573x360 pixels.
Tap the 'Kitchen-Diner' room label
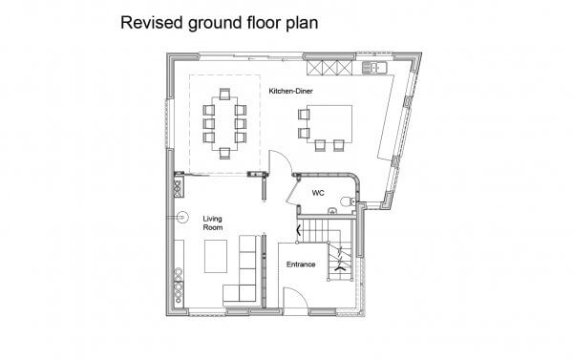pyautogui.click(x=291, y=91)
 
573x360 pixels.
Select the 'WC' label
pyautogui.click(x=318, y=192)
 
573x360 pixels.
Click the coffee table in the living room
pyautogui.click(x=215, y=256)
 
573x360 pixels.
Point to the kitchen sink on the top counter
pyautogui.click(x=372, y=67)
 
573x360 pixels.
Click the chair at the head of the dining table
pyautogui.click(x=225, y=94)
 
